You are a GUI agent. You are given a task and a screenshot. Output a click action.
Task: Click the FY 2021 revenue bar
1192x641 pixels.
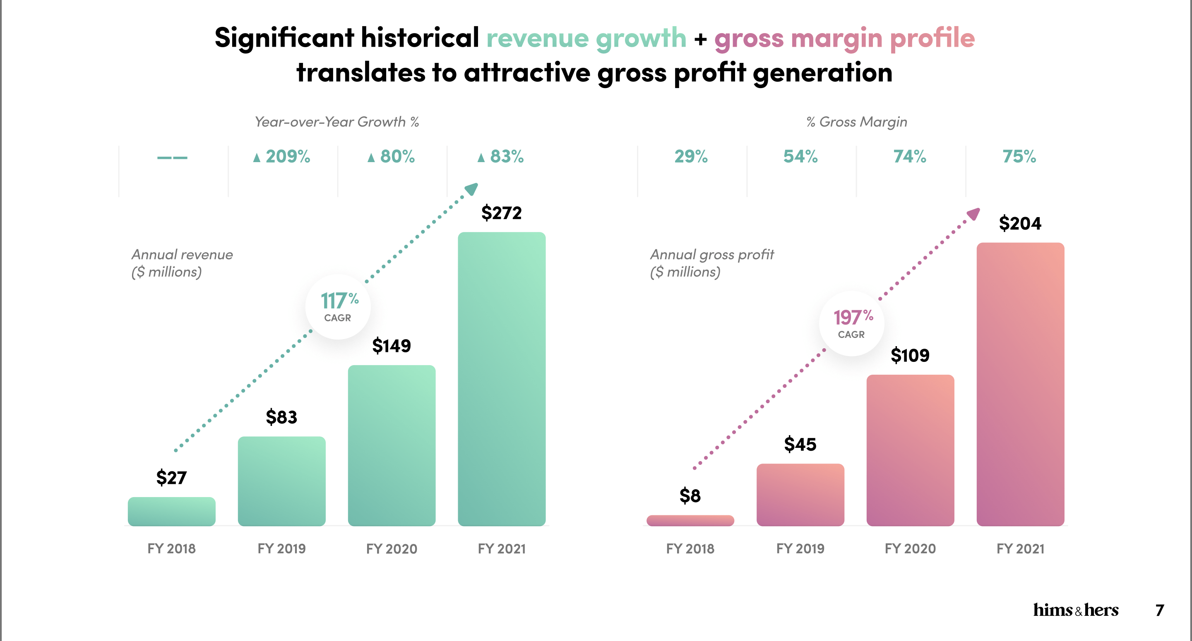502,379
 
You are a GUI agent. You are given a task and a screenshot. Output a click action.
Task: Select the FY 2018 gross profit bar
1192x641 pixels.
690,520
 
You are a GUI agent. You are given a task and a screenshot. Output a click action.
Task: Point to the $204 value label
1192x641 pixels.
1020,223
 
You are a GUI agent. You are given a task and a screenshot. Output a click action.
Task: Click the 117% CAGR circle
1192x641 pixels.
338,306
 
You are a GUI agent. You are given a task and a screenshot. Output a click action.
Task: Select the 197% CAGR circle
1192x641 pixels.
852,323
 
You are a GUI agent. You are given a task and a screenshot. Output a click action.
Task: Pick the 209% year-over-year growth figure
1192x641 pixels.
282,157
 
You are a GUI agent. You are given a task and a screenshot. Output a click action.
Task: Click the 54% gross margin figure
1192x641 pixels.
800,157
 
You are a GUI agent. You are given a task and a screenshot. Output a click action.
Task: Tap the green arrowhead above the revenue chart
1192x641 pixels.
471,188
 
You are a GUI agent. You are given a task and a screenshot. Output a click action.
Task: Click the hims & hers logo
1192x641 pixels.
1075,610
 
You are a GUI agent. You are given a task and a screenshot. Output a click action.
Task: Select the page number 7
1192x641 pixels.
1160,610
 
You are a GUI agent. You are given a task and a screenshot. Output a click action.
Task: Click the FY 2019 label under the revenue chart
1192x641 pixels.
281,548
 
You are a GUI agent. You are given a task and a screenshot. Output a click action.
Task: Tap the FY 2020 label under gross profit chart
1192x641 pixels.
910,548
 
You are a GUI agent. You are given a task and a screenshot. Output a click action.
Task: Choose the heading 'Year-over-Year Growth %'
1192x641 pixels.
337,122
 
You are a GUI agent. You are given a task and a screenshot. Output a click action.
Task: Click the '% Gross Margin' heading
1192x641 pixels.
856,122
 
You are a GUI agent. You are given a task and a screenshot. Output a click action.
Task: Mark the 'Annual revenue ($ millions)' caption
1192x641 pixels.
182,263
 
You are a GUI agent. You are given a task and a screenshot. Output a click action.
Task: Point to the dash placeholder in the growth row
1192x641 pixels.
172,158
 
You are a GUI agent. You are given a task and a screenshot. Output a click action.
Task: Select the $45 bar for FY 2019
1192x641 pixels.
800,495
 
